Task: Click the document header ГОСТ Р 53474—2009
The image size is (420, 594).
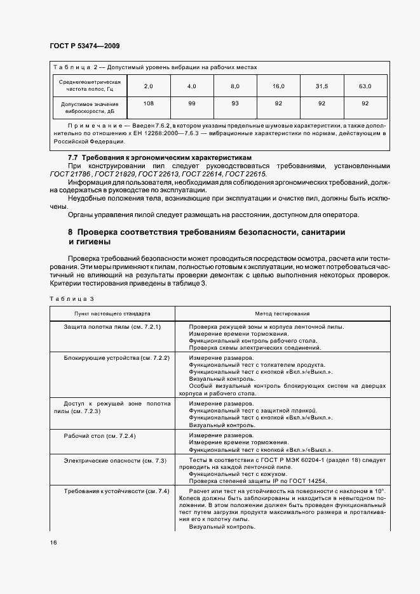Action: click(85, 46)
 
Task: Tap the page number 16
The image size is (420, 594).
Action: click(53, 543)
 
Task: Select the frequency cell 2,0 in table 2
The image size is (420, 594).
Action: click(149, 86)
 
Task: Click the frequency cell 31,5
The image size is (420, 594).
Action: click(322, 86)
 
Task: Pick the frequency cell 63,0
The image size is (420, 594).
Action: click(365, 86)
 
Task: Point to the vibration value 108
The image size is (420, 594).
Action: click(149, 103)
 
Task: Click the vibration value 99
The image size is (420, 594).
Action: click(191, 103)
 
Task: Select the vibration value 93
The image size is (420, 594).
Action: click(234, 103)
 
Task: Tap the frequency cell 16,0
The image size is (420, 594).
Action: click(278, 86)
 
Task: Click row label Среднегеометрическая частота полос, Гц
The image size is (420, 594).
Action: click(90, 86)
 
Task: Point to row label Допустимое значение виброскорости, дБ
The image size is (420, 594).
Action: click(90, 107)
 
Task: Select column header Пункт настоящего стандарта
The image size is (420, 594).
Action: click(112, 313)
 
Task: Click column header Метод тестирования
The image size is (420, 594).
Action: click(282, 313)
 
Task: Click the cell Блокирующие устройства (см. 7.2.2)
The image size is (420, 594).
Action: click(117, 359)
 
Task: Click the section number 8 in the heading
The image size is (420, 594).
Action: click(71, 232)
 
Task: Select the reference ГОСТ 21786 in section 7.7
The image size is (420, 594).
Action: click(71, 173)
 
